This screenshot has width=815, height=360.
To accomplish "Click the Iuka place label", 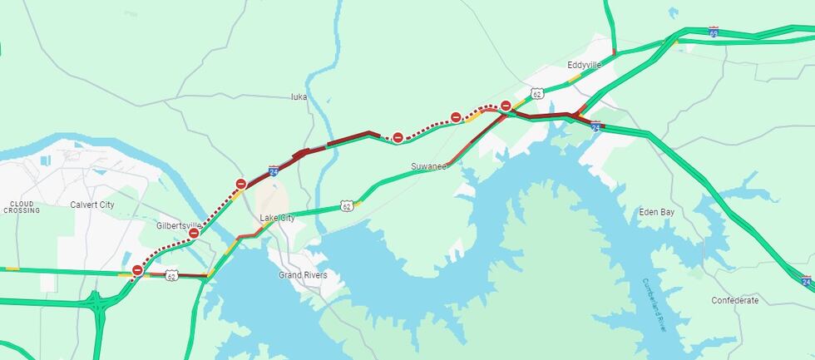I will coord(299,96).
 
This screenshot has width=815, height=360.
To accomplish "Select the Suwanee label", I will coord(429,167).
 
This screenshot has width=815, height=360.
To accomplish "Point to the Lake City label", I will coord(277,218).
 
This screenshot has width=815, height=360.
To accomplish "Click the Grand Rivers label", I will coord(303,275).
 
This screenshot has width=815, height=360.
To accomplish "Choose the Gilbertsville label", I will coord(179,225).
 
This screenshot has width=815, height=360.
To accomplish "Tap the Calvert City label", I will coord(92,205).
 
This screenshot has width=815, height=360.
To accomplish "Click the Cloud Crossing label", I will coord(22,207).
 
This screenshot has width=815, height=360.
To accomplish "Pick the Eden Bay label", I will coord(656,212).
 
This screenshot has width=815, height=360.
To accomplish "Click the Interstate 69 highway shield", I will coord(713,31).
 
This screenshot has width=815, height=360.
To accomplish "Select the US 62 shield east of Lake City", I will coord(347,205).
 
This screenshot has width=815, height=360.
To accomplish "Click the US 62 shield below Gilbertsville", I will coord(170,274).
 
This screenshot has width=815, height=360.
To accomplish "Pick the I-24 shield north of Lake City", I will coord(274,172).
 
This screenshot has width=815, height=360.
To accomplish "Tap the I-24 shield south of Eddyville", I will coord(596,126).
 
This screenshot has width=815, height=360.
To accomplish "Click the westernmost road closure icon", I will coord(137,270).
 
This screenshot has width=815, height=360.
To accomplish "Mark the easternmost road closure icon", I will coord(505,105).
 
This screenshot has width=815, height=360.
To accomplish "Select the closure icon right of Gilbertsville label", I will coord(194,234).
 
